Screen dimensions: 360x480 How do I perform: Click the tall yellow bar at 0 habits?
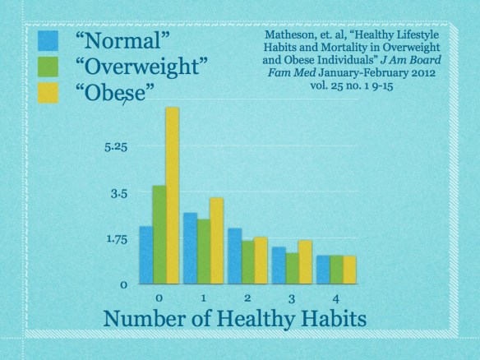click(x=172, y=196)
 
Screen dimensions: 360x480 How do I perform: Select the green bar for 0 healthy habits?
click(x=159, y=234)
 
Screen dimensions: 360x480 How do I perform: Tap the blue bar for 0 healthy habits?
click(x=146, y=255)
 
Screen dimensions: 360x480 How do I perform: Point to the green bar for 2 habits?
click(x=247, y=262)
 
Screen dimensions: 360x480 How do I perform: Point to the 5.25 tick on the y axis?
click(x=115, y=149)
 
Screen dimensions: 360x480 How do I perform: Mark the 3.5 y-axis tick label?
click(x=119, y=195)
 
